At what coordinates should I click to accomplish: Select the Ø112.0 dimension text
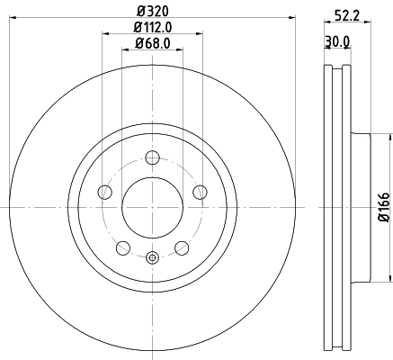click(151, 28)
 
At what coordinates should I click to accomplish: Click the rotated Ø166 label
click(383, 206)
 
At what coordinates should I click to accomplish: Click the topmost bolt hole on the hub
click(152, 158)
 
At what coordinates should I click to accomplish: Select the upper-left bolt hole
click(104, 192)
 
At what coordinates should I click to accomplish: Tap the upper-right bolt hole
click(199, 192)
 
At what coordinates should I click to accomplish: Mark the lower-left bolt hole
click(123, 247)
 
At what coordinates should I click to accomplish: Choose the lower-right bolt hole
click(181, 247)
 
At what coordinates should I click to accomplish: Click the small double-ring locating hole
click(152, 259)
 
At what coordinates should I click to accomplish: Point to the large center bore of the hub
click(152, 208)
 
